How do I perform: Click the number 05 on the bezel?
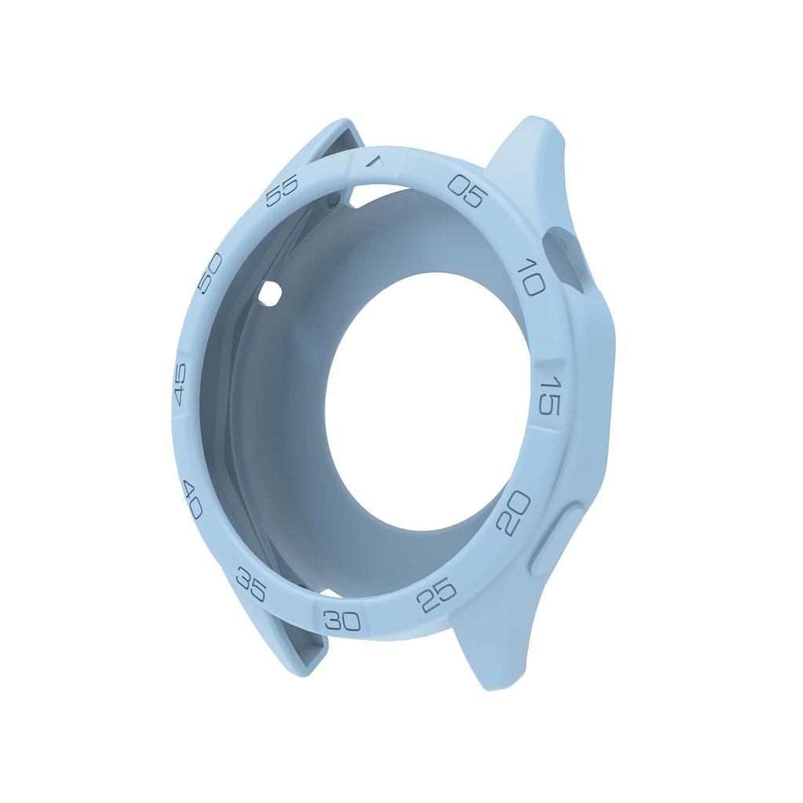(x=468, y=189)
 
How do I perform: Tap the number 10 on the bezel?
(x=531, y=277)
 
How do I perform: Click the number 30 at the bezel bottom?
(x=342, y=621)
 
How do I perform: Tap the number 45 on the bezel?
(x=180, y=386)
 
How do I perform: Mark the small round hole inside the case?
(x=271, y=294)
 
